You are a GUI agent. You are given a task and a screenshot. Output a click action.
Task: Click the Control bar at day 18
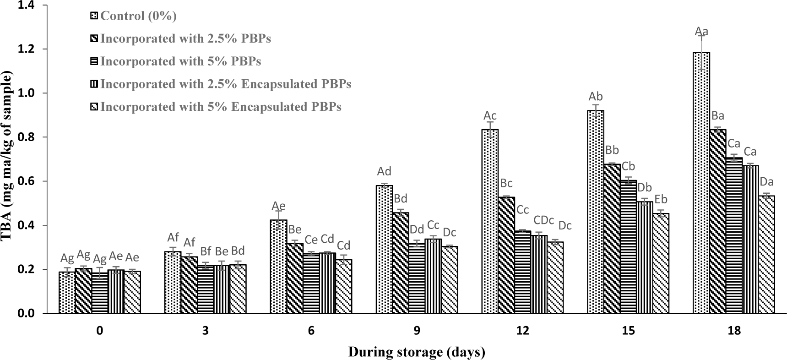701,183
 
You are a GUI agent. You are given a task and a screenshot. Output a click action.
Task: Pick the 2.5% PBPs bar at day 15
612,239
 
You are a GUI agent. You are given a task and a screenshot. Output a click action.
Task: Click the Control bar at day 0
67,293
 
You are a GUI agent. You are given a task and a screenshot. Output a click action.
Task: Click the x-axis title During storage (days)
417,352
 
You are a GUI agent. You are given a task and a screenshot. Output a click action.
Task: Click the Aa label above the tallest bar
701,32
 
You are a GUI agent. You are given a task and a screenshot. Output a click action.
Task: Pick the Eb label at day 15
661,199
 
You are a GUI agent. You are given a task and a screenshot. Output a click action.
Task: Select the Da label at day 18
767,182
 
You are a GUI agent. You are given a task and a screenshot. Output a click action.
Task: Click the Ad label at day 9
384,172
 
